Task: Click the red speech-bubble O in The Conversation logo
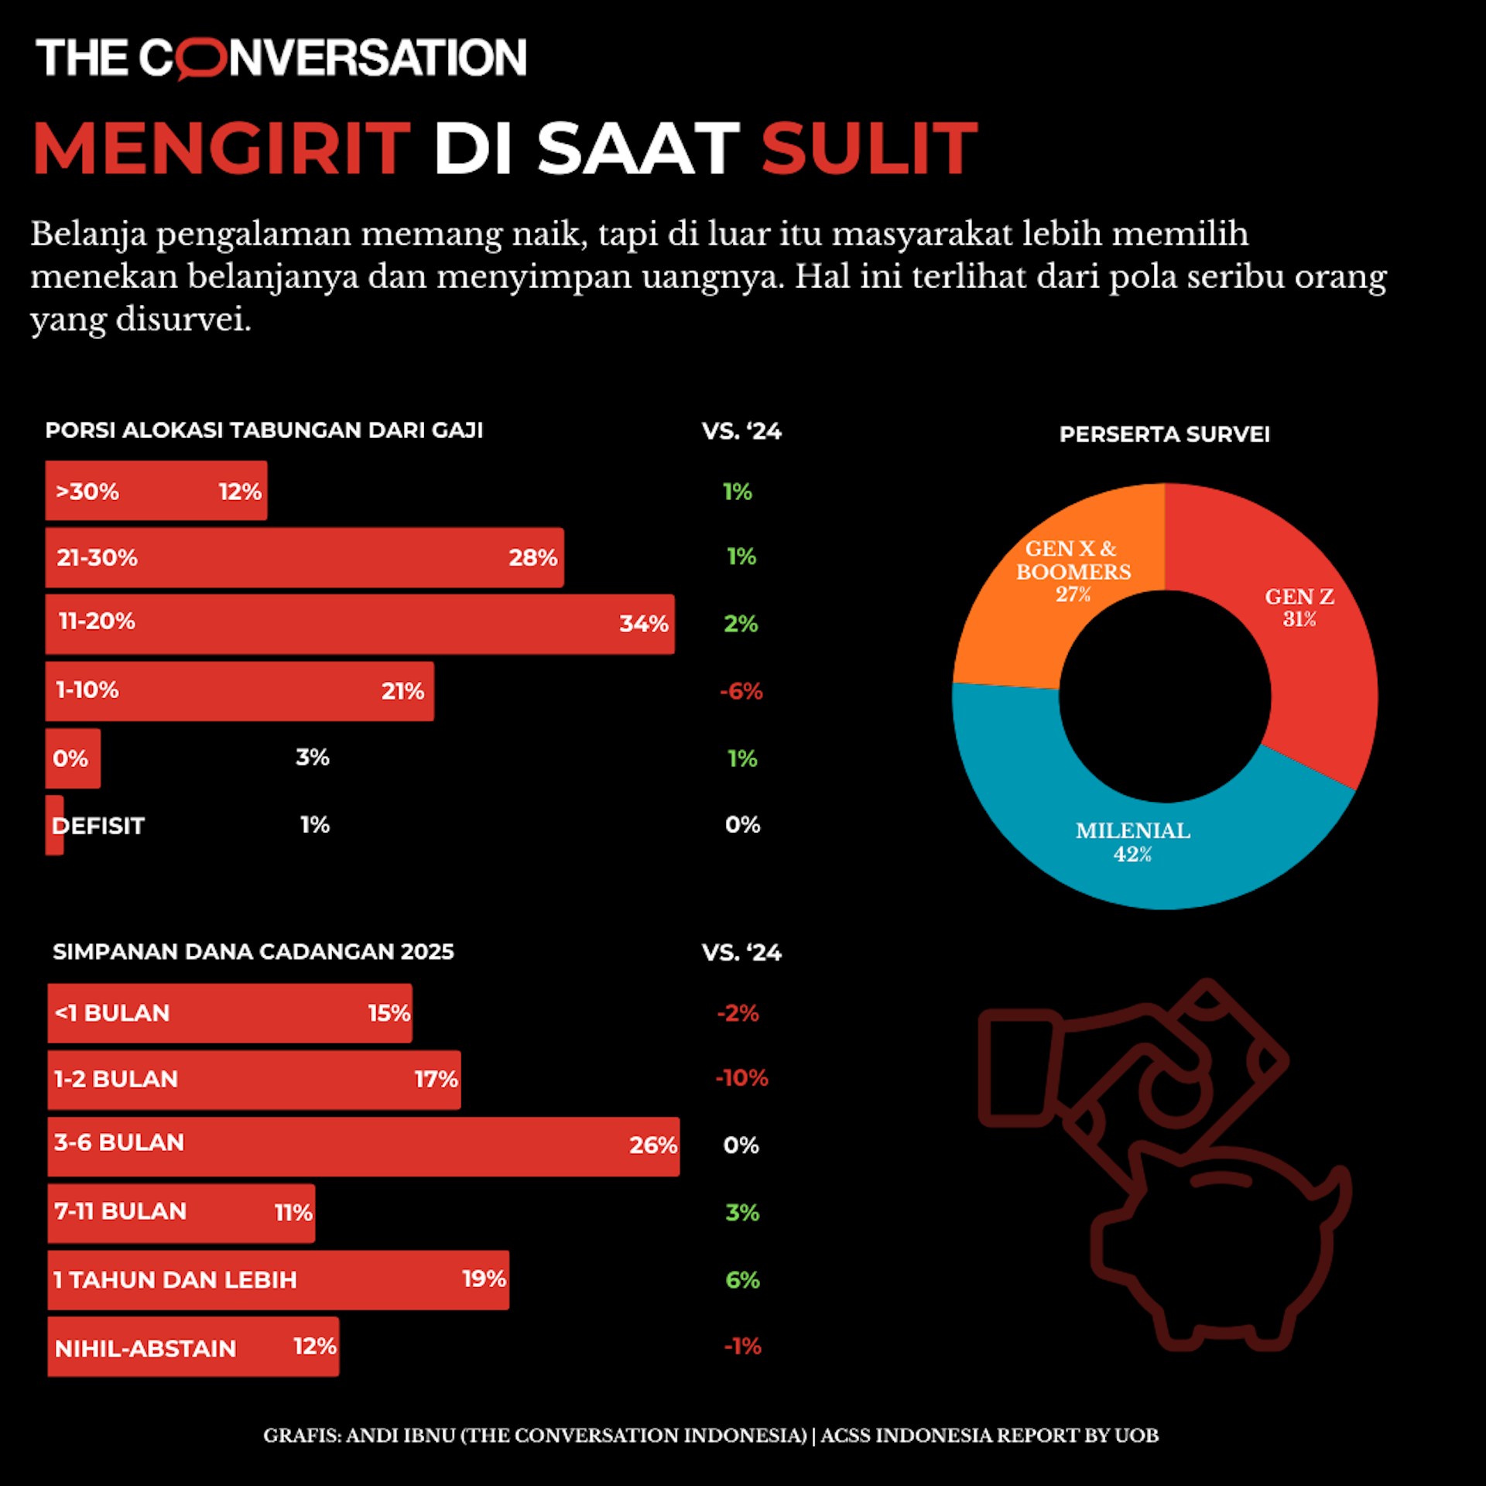coord(200,60)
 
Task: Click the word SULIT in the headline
coord(869,148)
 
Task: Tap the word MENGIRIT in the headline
coord(221,148)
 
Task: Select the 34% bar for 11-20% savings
coord(359,624)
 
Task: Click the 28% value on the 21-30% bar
coord(532,557)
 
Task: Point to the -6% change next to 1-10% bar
coord(741,691)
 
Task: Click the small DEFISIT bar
coord(54,825)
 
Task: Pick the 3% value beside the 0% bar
coord(313,757)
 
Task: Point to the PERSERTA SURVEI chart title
coord(1164,434)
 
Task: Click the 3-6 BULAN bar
coord(363,1146)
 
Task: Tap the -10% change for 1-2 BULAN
coord(741,1078)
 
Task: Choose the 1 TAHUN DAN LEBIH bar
coord(278,1280)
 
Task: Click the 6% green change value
coord(742,1280)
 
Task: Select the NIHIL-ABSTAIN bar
coord(193,1347)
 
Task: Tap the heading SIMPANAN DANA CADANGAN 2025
coord(253,951)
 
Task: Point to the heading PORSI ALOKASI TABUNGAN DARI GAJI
coord(264,430)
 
